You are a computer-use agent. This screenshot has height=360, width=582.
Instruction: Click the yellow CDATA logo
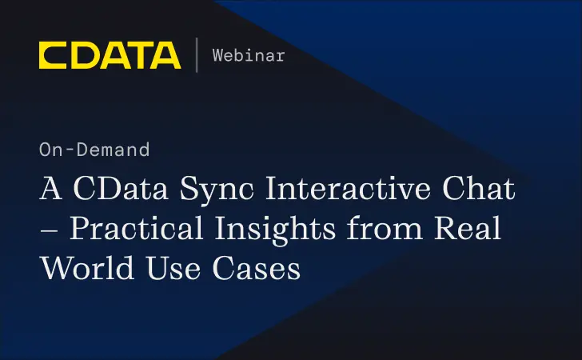[x=110, y=55]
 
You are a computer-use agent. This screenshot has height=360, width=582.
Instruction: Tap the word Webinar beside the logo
[x=249, y=55]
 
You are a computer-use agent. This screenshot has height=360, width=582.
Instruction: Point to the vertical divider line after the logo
[x=197, y=55]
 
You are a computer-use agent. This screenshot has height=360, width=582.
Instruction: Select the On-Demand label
[x=94, y=150]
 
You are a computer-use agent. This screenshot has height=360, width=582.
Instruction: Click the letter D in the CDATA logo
[x=83, y=55]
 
